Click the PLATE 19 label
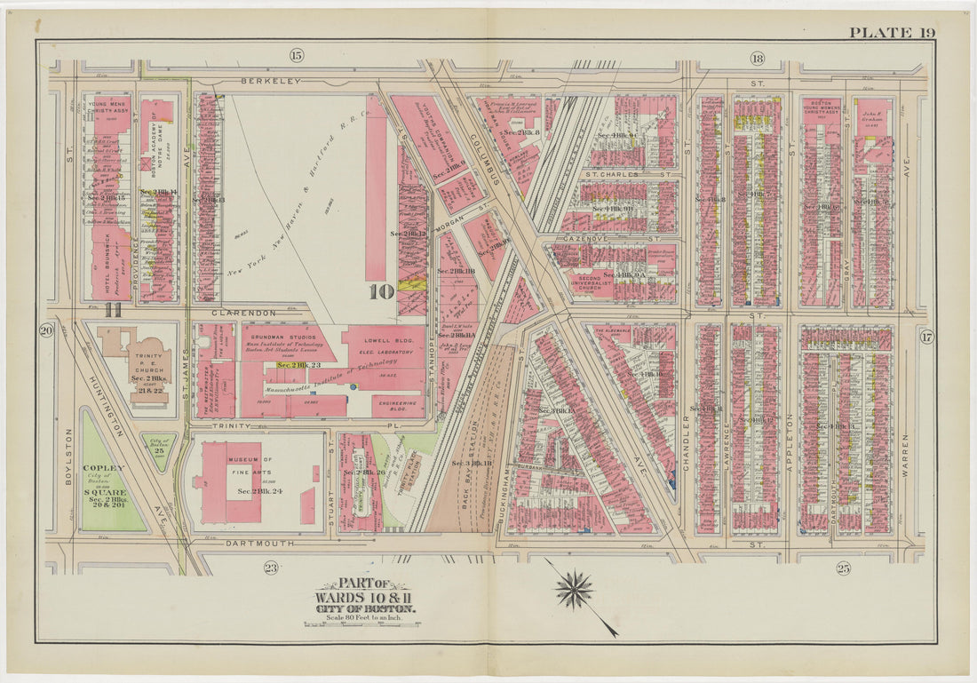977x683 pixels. coord(892,33)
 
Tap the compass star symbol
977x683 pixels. coord(574,590)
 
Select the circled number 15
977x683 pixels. coord(296,56)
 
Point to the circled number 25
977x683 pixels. coord(842,568)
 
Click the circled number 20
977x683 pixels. coord(46,331)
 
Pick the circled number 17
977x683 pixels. coord(926,336)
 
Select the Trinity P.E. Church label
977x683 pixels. coord(150,360)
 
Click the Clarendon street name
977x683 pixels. coord(245,314)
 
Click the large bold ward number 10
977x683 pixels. coord(381,290)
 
